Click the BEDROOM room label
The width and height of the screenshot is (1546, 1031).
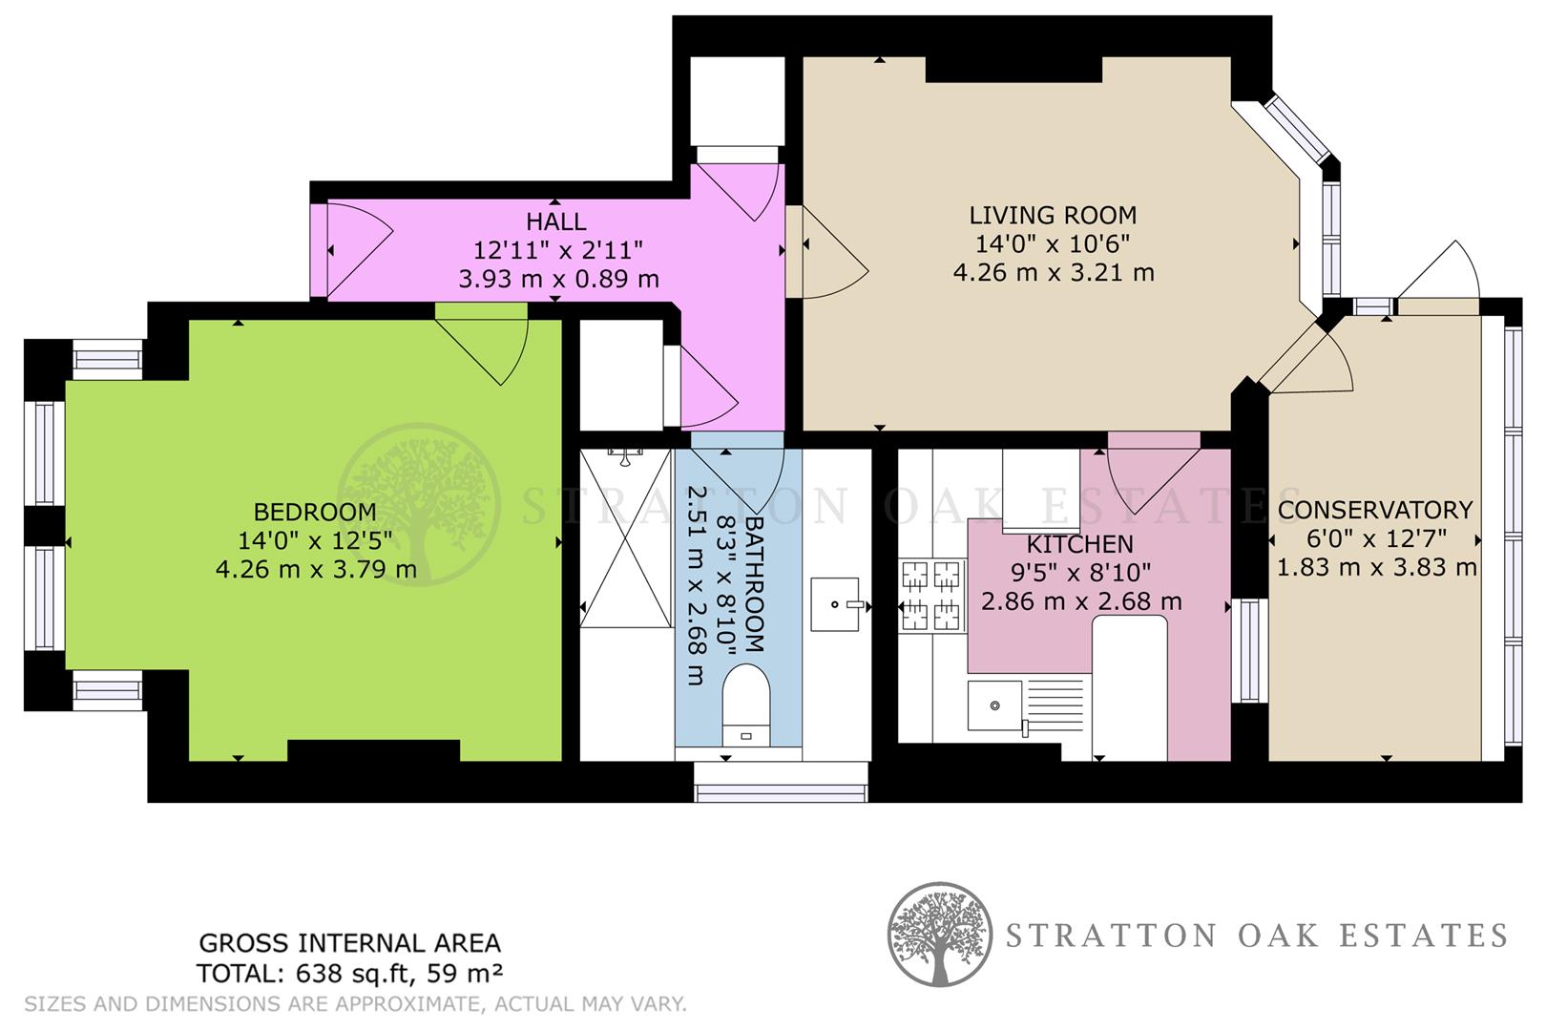[x=314, y=512]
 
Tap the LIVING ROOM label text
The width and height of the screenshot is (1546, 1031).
[x=1053, y=216]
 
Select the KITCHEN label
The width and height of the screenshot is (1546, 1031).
[x=1079, y=545]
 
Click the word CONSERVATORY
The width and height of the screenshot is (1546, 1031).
[x=1374, y=511]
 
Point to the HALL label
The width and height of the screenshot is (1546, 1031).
[x=555, y=222]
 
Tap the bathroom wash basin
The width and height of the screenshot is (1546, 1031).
[x=835, y=604]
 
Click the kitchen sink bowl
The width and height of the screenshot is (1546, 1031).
[x=992, y=705]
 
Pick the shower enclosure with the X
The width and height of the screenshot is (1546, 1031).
[x=625, y=538]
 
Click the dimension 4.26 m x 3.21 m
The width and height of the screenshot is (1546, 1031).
[x=1053, y=273]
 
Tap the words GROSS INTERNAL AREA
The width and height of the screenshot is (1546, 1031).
[x=349, y=943]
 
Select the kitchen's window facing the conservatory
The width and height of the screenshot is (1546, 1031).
[x=1248, y=650]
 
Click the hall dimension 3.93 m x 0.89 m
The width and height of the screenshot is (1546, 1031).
[x=558, y=280]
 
